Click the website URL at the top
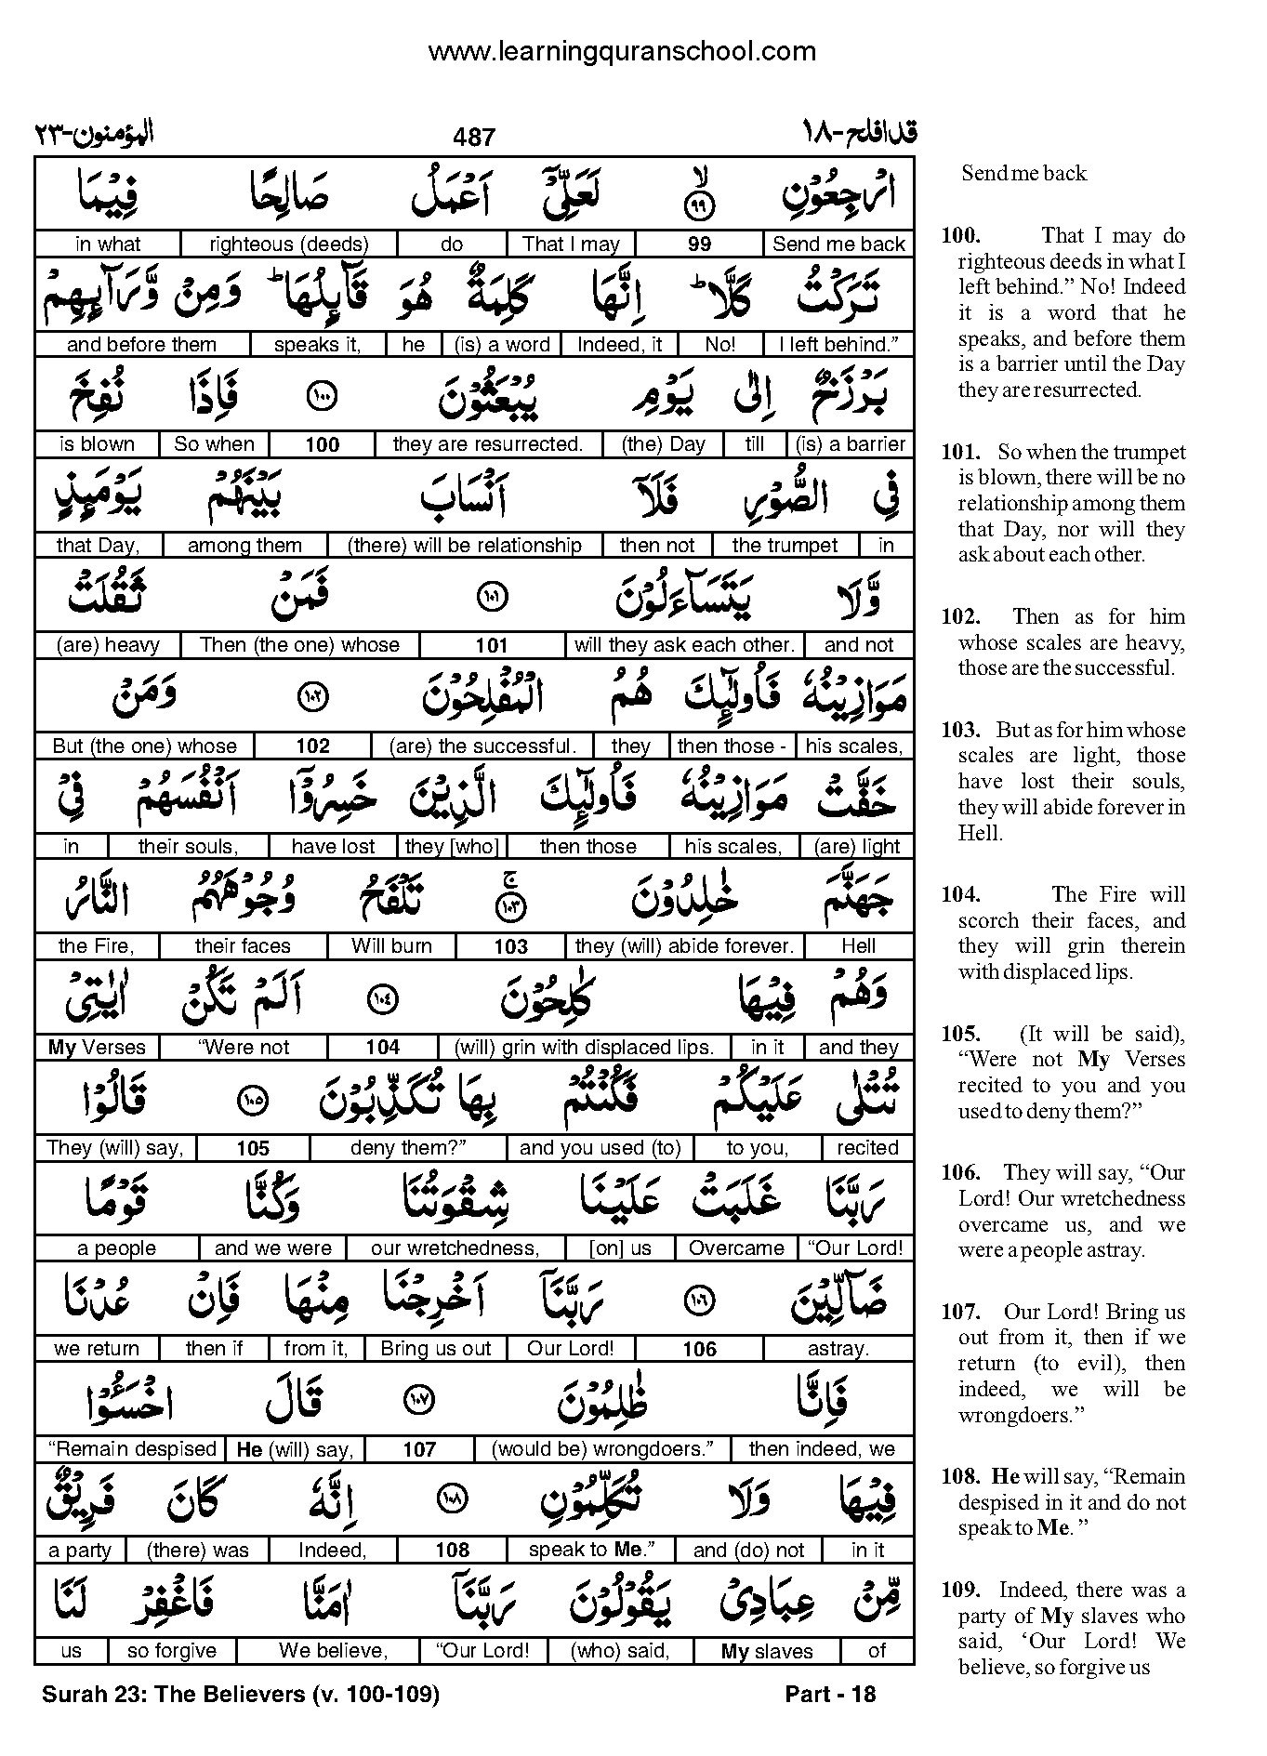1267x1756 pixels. click(621, 52)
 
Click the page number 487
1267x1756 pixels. click(474, 138)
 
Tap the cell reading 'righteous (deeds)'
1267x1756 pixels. click(289, 244)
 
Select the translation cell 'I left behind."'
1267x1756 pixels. click(838, 345)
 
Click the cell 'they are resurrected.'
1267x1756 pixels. click(487, 444)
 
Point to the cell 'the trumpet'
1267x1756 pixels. click(785, 546)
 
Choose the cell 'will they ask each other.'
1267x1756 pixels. click(684, 645)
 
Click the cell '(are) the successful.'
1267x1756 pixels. click(482, 746)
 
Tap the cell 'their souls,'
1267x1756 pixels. click(188, 847)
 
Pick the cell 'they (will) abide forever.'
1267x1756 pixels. click(684, 946)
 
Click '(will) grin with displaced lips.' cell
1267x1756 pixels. click(584, 1048)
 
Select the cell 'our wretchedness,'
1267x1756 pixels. click(455, 1248)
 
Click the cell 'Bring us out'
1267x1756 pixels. click(435, 1349)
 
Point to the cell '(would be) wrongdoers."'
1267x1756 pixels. click(601, 1449)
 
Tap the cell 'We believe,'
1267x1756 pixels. click(333, 1651)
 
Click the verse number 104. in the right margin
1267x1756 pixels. click(960, 894)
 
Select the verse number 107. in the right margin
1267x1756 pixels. click(960, 1313)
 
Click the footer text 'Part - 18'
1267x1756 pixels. click(830, 1695)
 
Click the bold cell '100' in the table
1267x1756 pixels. click(322, 444)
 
